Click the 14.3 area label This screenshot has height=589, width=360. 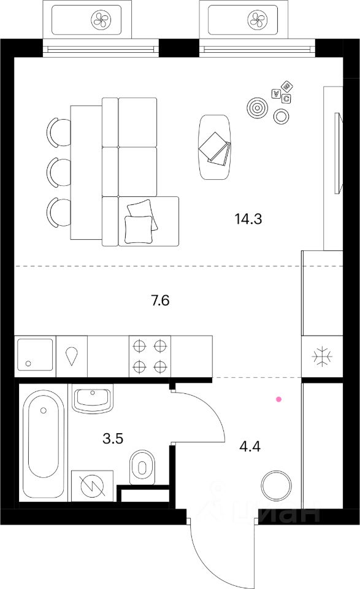[248, 218]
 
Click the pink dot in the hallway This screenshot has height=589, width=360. [279, 399]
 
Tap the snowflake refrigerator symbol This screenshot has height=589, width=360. [321, 357]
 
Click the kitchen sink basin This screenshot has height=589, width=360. [36, 356]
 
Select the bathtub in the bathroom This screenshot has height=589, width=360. [44, 445]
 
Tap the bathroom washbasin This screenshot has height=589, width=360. [92, 399]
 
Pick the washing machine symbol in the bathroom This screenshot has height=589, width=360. [92, 484]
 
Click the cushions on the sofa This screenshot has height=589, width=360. [139, 220]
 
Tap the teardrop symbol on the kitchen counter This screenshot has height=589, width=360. [72, 356]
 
